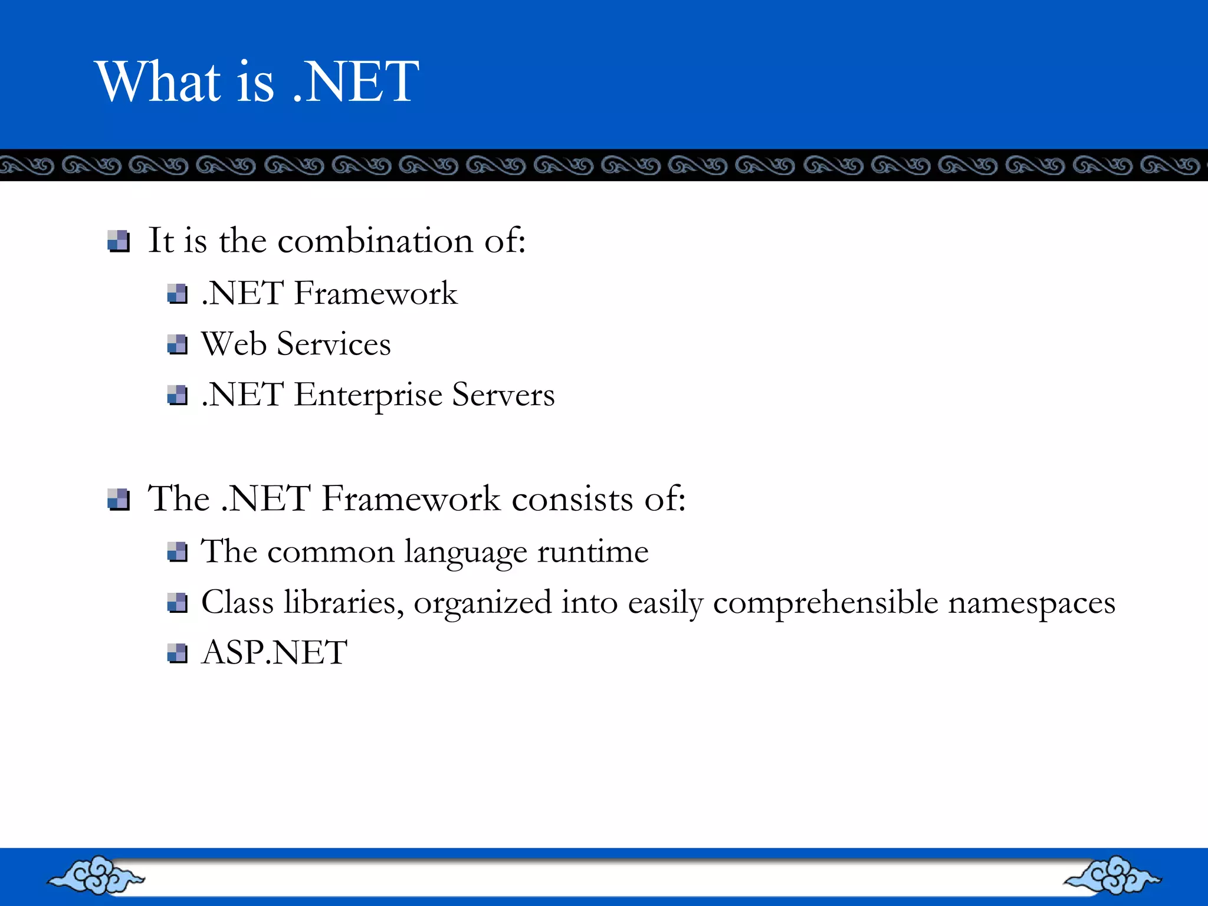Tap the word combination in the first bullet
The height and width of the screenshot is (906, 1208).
tap(375, 241)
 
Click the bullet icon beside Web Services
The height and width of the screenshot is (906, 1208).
tap(177, 344)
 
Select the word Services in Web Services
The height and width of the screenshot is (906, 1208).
tap(333, 344)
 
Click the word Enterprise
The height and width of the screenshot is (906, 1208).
tap(367, 395)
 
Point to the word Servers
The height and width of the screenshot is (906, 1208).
tap(503, 395)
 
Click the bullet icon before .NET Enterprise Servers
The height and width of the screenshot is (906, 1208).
tap(177, 395)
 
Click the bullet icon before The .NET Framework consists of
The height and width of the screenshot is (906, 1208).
tap(119, 499)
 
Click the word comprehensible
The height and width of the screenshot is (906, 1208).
tap(825, 603)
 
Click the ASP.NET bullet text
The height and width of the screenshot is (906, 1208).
tap(274, 653)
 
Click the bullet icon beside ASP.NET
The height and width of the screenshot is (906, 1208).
tap(177, 654)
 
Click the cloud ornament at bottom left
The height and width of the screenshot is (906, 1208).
tap(96, 875)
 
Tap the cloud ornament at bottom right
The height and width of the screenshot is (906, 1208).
tap(1112, 875)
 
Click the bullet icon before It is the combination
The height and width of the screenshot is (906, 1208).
tap(119, 241)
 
